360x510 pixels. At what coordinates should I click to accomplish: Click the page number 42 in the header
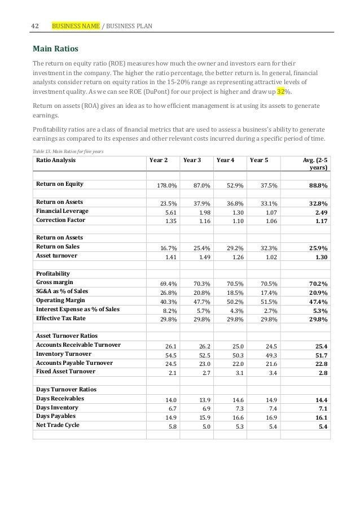(x=36, y=26)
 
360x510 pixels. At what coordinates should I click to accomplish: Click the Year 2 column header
(x=158, y=160)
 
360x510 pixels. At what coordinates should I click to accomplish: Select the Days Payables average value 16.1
(x=321, y=417)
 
